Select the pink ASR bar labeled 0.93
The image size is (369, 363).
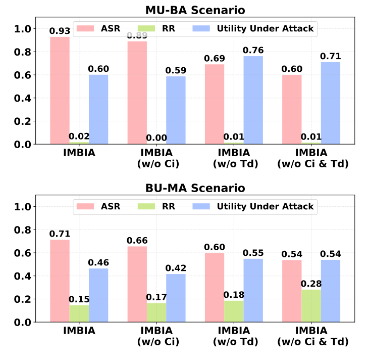[60, 90]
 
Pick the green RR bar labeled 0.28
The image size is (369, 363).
[311, 306]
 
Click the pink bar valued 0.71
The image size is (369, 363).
[60, 281]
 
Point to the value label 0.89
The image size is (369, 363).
[137, 35]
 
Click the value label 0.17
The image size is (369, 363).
[156, 297]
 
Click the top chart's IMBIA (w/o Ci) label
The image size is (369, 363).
[156, 158]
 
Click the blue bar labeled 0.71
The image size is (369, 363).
[331, 103]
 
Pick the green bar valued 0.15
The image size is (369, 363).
[79, 313]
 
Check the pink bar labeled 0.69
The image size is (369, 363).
[215, 104]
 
